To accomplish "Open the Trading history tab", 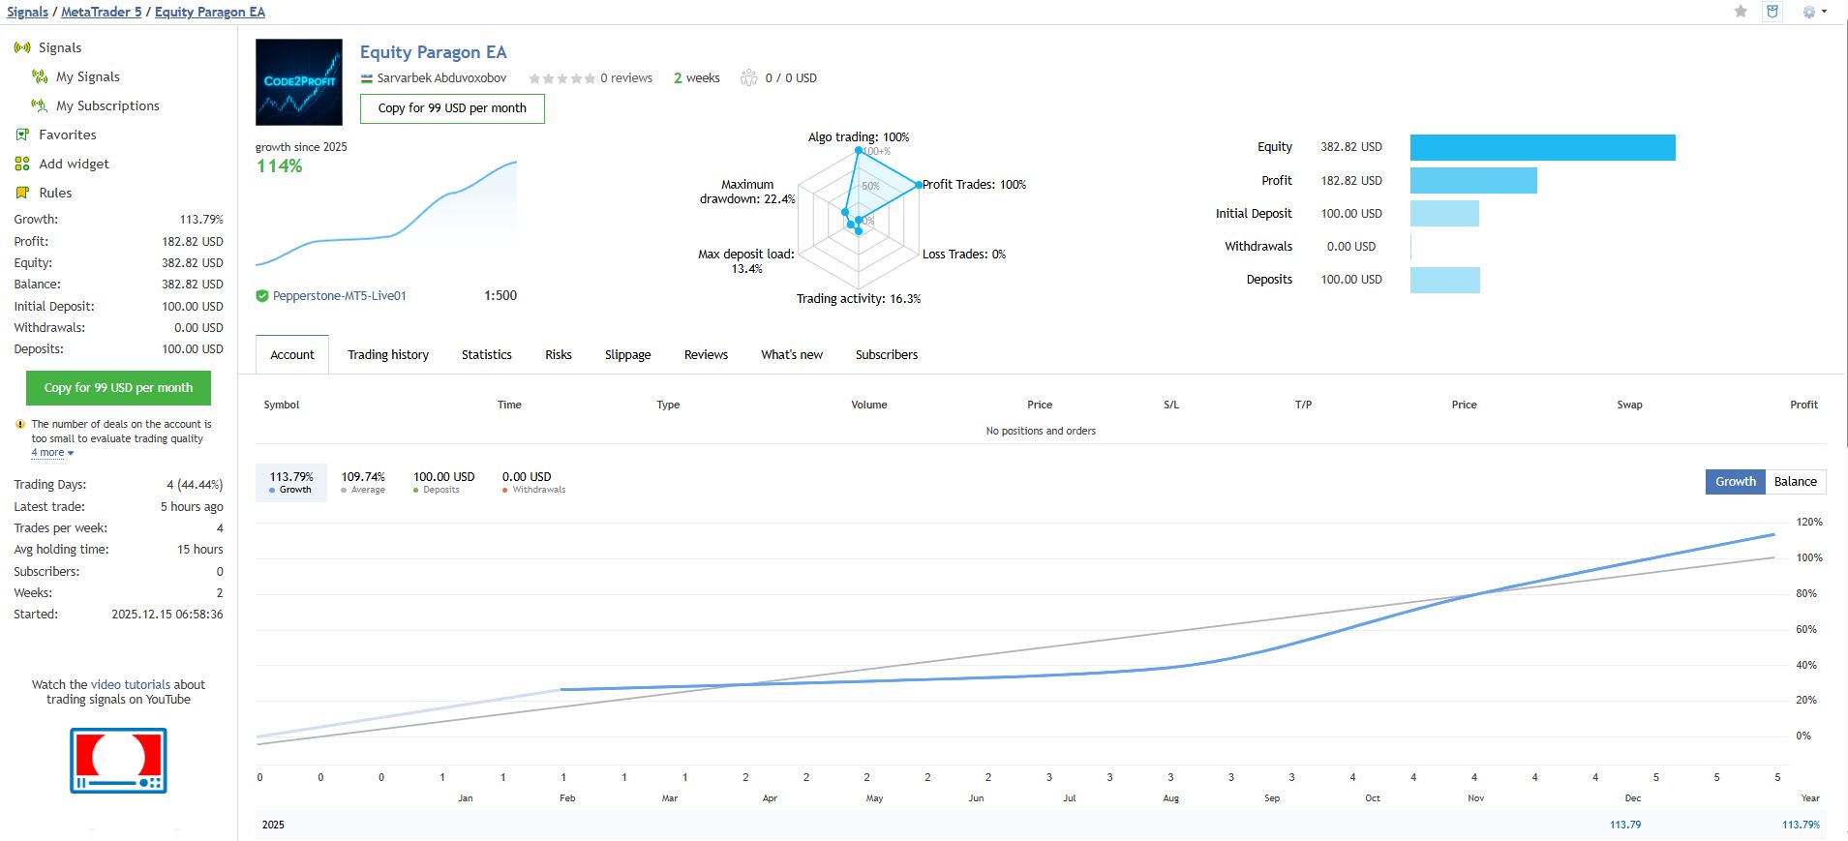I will tap(388, 355).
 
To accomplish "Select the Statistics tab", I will tap(486, 355).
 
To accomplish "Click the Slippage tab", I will tap(627, 355).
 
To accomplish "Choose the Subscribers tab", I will tap(886, 355).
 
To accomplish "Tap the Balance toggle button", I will tap(1795, 482).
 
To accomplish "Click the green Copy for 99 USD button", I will tap(118, 388).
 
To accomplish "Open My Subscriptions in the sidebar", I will tap(107, 105).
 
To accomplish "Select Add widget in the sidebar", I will tap(74, 164).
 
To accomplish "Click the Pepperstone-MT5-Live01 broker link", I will tap(339, 296).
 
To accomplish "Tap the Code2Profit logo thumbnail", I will tap(299, 82).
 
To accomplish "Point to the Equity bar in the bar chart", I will tap(1542, 147).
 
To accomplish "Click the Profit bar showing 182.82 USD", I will tap(1472, 181).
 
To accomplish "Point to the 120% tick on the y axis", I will tap(1808, 523).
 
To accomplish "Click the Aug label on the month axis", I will tap(1170, 798).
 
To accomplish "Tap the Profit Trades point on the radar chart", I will tap(918, 184).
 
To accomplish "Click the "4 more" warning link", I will tap(50, 453).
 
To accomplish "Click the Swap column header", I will tap(1629, 405).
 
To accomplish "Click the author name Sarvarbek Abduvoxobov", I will tap(441, 78).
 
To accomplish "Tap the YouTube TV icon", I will tap(118, 761).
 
